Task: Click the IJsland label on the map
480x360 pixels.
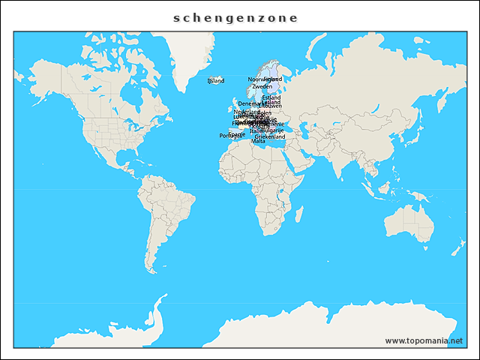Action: (215, 80)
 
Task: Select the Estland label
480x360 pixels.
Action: (271, 97)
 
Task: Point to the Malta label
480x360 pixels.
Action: (258, 142)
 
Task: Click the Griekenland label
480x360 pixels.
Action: (270, 137)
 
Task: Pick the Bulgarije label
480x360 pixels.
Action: (272, 130)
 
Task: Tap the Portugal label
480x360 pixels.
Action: (228, 136)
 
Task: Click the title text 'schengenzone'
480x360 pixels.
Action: (235, 18)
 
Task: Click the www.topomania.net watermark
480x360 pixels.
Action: (424, 340)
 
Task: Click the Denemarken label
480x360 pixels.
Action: (250, 103)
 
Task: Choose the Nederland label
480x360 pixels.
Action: (246, 112)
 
